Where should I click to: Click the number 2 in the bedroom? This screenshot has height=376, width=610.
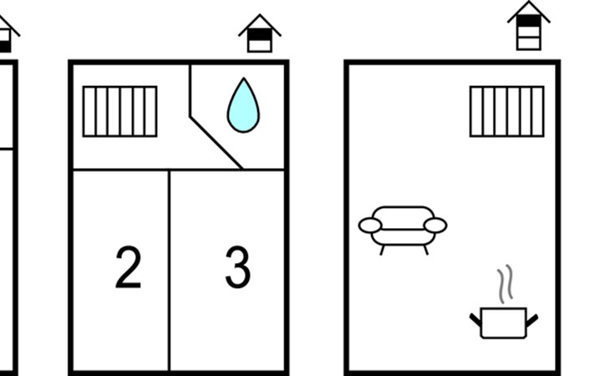coord(129,267)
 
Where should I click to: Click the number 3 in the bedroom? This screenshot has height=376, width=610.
coord(237,267)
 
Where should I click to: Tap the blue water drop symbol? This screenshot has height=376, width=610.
coord(243,105)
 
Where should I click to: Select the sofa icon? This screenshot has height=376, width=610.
coord(403,230)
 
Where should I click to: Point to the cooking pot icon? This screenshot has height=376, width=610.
coord(504,323)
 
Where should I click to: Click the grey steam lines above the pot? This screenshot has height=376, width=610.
coord(505,284)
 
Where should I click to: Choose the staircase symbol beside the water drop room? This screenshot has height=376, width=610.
coord(120,112)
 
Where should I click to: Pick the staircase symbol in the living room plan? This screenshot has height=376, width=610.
coord(507,112)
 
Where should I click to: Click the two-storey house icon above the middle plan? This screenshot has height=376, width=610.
coord(260,33)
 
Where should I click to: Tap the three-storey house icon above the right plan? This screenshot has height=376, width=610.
coord(529,26)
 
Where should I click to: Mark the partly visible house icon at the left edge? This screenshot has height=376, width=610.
coord(8,34)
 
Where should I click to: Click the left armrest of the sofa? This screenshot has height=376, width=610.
coord(370,226)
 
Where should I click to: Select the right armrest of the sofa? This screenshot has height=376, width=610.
coord(435,226)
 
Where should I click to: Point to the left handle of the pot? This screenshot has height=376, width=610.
coord(475,320)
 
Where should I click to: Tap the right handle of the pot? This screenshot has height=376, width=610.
coord(532,320)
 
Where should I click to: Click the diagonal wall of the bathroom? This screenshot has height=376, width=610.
coord(216,142)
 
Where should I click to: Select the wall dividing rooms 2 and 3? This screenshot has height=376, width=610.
coord(170,270)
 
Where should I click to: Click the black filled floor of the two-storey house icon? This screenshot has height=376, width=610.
coord(260,34)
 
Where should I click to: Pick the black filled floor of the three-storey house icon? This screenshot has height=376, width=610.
coord(529,21)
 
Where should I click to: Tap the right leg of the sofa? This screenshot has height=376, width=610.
coord(426,250)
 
